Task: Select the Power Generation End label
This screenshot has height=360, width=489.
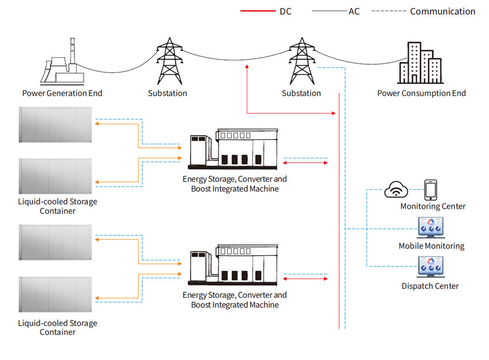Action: (62, 93)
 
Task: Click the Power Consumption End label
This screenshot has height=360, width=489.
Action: (421, 93)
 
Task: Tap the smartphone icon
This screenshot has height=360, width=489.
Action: (430, 190)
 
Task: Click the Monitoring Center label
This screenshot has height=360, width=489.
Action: (432, 206)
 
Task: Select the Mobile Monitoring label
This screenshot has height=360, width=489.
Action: (431, 246)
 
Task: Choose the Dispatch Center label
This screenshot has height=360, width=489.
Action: (430, 286)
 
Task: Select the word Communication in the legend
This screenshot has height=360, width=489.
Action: (443, 11)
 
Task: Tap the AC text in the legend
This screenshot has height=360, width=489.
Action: (354, 11)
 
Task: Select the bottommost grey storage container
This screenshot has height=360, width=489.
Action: (56, 296)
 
